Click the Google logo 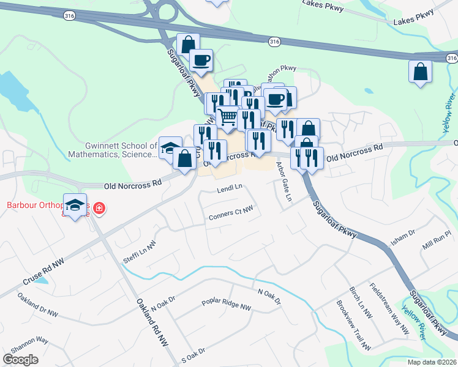pyautogui.click(x=21, y=360)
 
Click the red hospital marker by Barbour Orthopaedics pyautogui.click(x=98, y=211)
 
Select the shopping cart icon pyautogui.click(x=227, y=116)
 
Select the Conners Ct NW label pyautogui.click(x=231, y=212)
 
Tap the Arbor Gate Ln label pyautogui.click(x=283, y=181)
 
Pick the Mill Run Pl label pyautogui.click(x=436, y=239)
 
